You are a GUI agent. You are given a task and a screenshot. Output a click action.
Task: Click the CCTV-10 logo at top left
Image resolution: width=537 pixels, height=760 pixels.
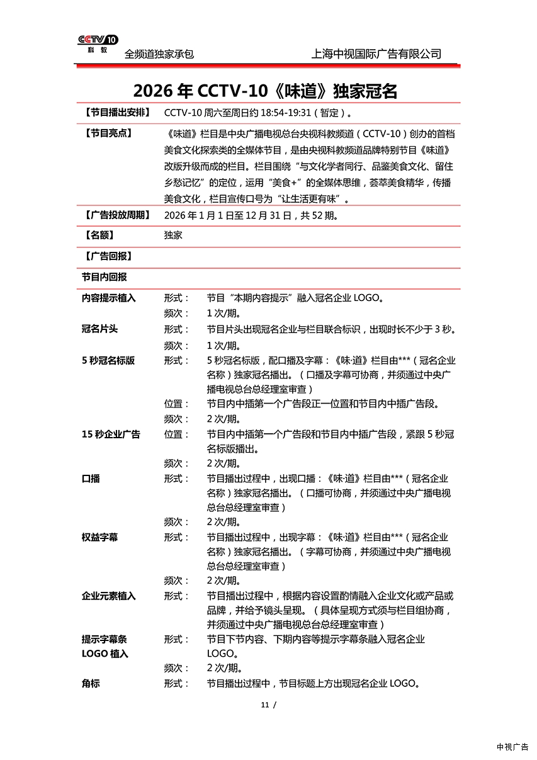tap(98, 43)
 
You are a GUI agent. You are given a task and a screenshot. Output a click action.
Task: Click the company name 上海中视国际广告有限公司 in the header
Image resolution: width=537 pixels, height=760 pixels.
tap(376, 54)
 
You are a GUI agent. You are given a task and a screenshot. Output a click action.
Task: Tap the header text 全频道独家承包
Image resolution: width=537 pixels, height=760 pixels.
tap(159, 54)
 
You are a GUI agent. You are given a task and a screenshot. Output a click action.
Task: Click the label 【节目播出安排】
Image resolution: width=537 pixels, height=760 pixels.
tap(116, 113)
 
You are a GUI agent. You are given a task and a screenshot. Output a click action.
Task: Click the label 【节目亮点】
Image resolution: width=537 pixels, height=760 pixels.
tap(108, 133)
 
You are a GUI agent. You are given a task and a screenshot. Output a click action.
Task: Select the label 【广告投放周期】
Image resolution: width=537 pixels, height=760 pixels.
tap(116, 215)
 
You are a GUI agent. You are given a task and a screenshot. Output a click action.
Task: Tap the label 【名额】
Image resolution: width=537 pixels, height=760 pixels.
tap(99, 235)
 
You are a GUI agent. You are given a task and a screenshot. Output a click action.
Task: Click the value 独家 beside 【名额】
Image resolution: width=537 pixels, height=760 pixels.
tap(173, 235)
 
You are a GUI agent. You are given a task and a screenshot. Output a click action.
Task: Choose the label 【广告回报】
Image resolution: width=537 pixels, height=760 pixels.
tap(108, 256)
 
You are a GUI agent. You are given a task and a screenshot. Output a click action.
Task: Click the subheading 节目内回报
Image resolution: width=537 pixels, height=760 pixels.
tap(104, 277)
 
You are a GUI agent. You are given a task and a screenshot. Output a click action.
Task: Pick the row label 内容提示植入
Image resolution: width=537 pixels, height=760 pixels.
tap(108, 298)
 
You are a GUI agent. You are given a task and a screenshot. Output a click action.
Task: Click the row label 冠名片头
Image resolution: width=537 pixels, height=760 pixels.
tap(99, 329)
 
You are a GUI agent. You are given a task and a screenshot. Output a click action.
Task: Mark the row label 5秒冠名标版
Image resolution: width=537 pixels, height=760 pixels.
tap(108, 361)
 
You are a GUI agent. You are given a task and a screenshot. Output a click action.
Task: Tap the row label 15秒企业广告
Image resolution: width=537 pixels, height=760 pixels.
tap(111, 434)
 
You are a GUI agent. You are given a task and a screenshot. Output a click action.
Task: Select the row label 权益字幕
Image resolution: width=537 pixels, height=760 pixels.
tap(99, 537)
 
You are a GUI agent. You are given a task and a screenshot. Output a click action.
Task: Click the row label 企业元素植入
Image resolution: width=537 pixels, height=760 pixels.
tap(108, 596)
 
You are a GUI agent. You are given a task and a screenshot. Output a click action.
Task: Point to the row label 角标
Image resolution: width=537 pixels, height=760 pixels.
tap(91, 683)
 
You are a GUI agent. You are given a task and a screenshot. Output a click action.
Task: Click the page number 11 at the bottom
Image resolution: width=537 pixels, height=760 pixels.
tap(265, 705)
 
